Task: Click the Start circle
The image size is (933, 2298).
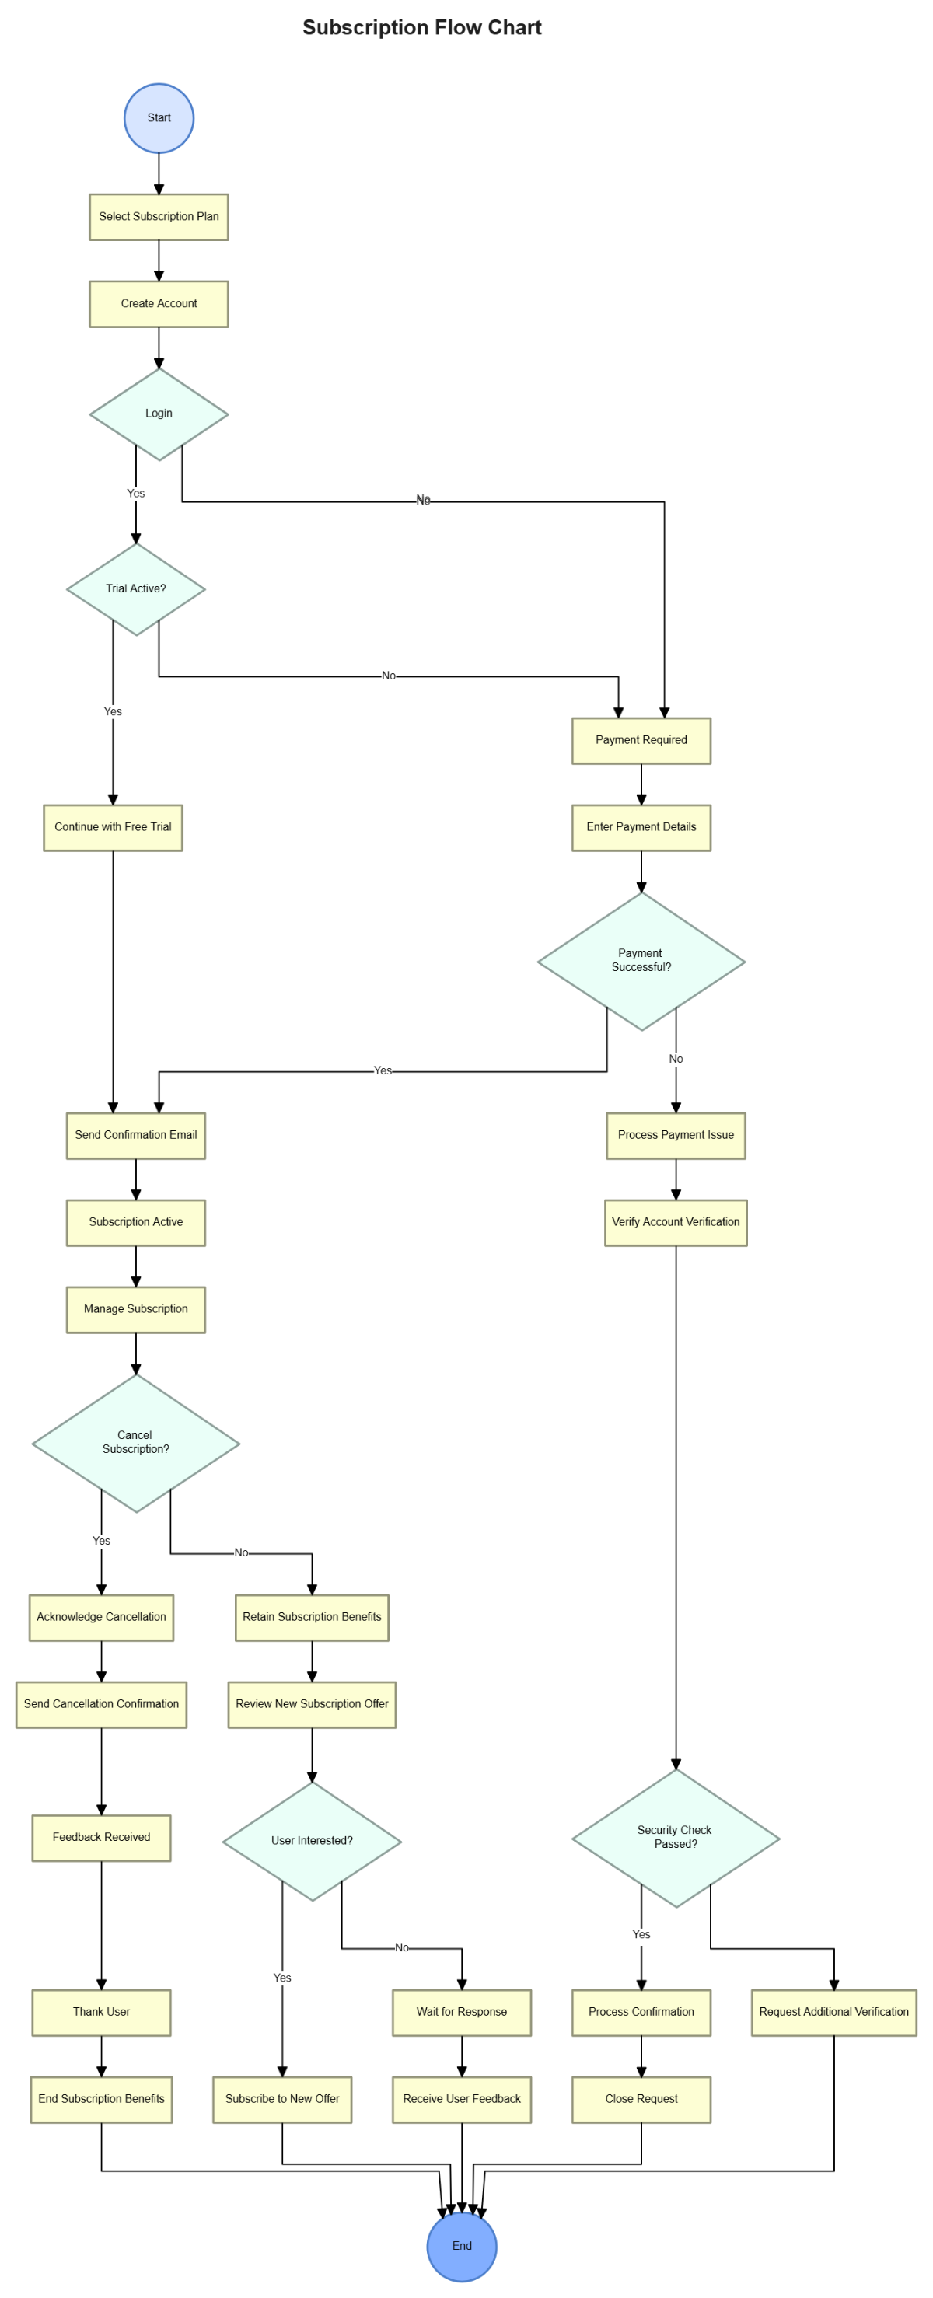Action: (x=159, y=117)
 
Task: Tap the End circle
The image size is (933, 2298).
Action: (x=461, y=2244)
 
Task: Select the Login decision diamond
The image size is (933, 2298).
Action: (x=159, y=414)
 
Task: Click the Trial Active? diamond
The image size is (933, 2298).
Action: (x=135, y=588)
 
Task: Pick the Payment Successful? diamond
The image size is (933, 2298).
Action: (x=641, y=961)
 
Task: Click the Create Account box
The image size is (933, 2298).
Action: (x=159, y=303)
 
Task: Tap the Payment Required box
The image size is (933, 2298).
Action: (x=641, y=739)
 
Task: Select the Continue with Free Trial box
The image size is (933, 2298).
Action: (x=113, y=827)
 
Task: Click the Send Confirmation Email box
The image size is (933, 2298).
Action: (x=135, y=1135)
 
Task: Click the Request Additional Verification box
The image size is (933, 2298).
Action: (x=833, y=2012)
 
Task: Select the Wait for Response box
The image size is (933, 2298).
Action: (x=461, y=2012)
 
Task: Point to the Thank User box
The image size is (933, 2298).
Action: (x=101, y=2012)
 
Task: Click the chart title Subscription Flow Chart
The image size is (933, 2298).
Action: (x=422, y=28)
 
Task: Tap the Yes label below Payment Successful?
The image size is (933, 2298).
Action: (x=383, y=1070)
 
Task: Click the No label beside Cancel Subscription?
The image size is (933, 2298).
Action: (x=241, y=1552)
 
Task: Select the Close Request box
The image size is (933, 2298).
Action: (x=641, y=2098)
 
